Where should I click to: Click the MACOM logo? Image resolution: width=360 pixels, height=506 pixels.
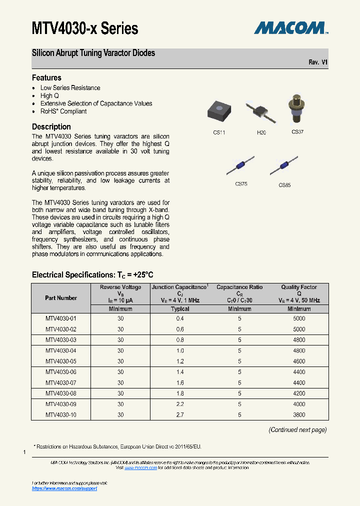[290, 28]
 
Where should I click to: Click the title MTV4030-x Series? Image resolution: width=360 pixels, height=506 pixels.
[85, 28]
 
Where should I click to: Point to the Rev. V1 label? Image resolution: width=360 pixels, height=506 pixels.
[318, 62]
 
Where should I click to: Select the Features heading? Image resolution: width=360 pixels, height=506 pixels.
[46, 77]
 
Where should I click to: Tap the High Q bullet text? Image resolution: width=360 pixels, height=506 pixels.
[49, 95]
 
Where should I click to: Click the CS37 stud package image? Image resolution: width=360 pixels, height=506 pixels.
[297, 109]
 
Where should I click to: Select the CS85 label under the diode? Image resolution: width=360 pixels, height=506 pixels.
[284, 185]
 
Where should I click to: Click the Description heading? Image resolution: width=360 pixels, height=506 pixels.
[51, 126]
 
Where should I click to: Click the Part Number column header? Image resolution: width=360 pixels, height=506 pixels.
[61, 298]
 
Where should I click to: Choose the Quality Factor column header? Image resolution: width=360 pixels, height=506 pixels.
[299, 287]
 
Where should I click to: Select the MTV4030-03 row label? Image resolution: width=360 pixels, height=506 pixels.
[61, 340]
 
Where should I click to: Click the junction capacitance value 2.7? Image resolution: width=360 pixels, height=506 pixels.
[180, 415]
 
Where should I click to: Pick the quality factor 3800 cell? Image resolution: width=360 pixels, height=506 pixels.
[299, 415]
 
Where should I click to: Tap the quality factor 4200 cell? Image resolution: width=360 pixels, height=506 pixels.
[299, 393]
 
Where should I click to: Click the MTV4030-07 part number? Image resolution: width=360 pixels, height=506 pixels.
[61, 382]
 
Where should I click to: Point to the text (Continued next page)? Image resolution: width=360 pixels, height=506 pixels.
[297, 429]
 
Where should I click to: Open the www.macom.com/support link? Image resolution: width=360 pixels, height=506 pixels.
[64, 488]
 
